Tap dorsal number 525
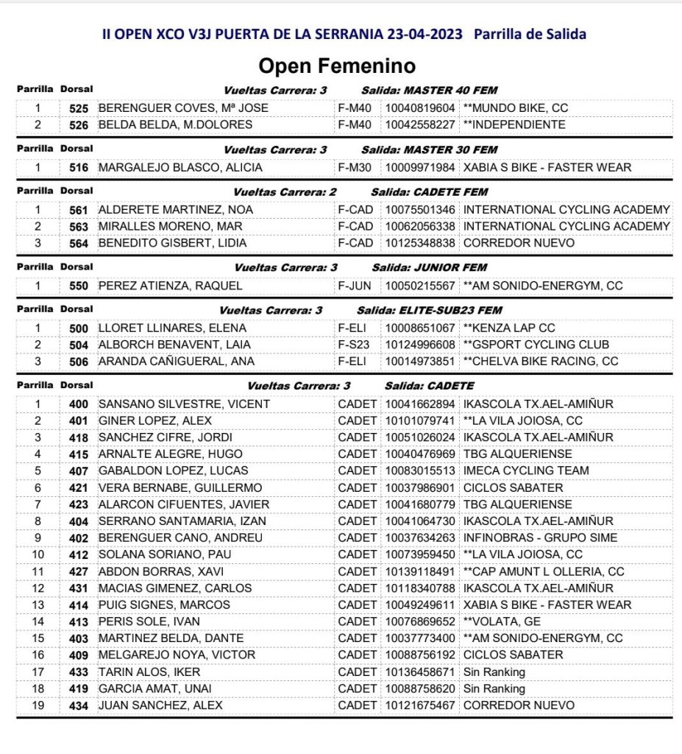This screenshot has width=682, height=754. (79, 108)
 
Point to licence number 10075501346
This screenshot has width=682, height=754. (419, 210)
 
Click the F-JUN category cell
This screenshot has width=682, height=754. (355, 286)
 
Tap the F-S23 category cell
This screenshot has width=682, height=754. (355, 345)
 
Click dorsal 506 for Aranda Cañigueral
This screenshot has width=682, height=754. (79, 362)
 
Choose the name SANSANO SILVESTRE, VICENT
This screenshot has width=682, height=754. (184, 404)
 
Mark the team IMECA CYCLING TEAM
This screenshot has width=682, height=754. (526, 471)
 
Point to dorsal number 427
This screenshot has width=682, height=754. (79, 571)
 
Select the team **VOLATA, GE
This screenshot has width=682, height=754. (502, 621)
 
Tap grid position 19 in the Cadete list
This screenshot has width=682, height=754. (38, 705)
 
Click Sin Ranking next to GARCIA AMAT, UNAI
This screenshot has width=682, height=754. (494, 688)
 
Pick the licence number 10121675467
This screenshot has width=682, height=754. (419, 705)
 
